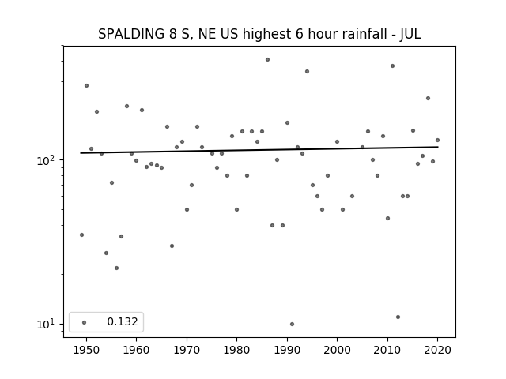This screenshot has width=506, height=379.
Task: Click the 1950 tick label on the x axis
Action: point(86,350)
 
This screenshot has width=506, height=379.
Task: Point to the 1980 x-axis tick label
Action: point(236,350)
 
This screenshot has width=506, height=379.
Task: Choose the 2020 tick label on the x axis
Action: point(437,350)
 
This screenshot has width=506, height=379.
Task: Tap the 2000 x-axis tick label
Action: point(337,350)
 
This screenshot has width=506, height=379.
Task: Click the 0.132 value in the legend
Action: point(123,321)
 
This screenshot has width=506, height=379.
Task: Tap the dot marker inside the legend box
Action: point(85,322)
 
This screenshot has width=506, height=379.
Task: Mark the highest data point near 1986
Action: point(267,60)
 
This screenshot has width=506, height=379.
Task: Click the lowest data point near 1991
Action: point(292,324)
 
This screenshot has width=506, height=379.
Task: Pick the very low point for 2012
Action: point(398,317)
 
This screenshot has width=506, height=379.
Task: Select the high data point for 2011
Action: point(392,66)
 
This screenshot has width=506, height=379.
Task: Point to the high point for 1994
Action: point(307,71)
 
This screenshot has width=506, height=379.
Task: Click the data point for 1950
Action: point(86,85)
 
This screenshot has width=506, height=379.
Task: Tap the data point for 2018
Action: point(428,98)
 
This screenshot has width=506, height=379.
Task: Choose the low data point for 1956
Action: point(116,268)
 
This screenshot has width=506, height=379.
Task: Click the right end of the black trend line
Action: point(437,147)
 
